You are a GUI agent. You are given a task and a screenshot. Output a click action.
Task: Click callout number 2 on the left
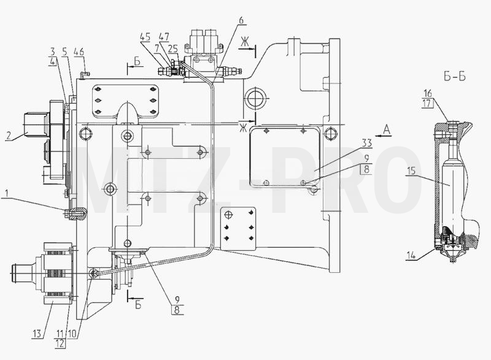pos(9,136)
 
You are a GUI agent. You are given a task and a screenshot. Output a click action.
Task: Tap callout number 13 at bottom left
pos(37,334)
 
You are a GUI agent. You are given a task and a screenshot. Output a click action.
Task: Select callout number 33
pos(366,143)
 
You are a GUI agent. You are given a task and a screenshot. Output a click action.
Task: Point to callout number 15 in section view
pos(411,170)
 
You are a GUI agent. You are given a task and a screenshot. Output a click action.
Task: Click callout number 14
pos(411,255)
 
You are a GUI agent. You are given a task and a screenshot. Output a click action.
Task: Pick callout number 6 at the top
pos(241,20)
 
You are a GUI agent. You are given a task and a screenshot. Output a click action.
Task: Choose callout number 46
pos(79,52)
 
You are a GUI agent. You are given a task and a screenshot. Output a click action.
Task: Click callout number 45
pos(145,37)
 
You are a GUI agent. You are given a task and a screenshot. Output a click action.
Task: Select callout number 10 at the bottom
pos(72,334)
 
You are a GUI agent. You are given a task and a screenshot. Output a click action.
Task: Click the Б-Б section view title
pos(454,76)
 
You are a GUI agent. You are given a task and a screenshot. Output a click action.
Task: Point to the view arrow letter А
pos(387,129)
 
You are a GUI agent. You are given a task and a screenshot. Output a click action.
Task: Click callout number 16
pos(427,93)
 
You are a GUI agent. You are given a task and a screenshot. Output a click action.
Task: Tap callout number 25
pos(173,48)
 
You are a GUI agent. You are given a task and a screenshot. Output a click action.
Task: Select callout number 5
pos(64,52)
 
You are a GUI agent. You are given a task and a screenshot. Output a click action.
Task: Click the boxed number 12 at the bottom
pos(60,343)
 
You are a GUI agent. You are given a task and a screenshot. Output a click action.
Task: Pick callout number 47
pos(164,37)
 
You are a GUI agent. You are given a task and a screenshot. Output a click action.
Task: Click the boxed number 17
pos(428,103)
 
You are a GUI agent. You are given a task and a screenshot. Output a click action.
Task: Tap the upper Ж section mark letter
pos(244,42)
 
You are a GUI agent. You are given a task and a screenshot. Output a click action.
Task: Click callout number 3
pos(53,52)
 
